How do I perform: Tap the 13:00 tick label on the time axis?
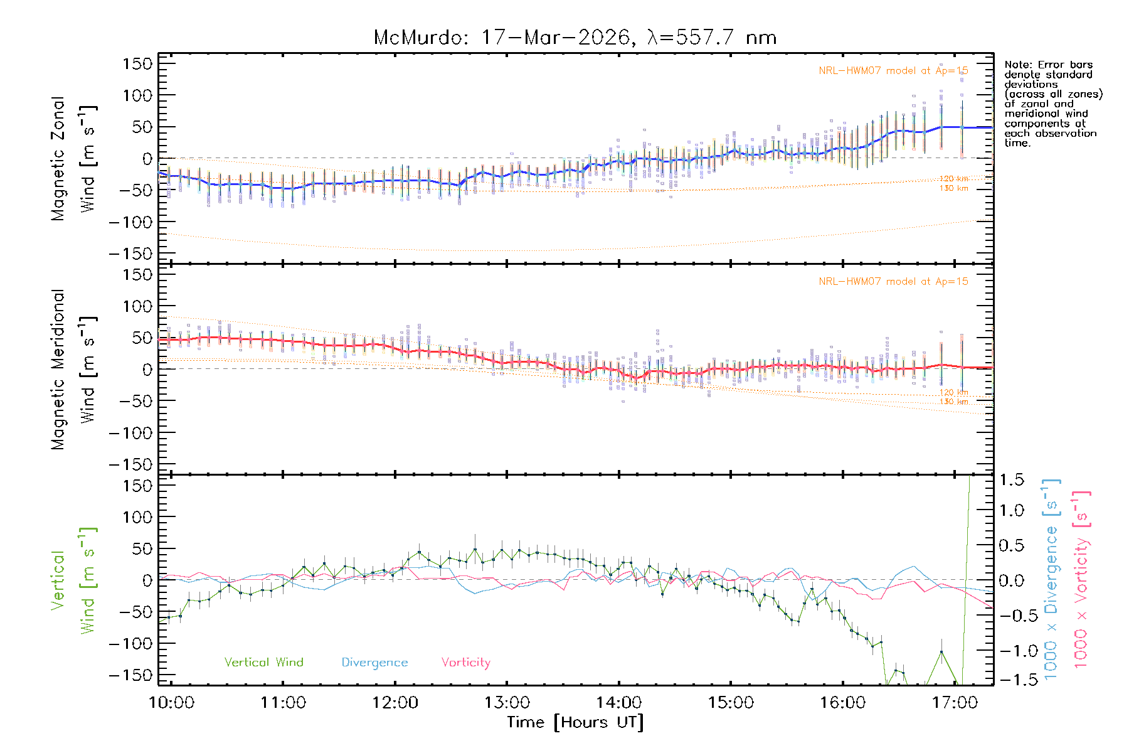pyautogui.click(x=507, y=703)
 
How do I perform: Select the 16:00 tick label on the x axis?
pyautogui.click(x=842, y=703)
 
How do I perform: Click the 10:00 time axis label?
pyautogui.click(x=171, y=703)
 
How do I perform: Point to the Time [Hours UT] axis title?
pyautogui.click(x=575, y=722)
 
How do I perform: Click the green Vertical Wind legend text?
pyautogui.click(x=263, y=663)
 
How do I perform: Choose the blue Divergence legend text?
pyautogui.click(x=374, y=663)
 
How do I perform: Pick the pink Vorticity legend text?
pyautogui.click(x=465, y=663)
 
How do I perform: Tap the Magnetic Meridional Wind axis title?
pyautogui.click(x=73, y=370)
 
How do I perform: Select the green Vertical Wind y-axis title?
pyautogui.click(x=73, y=580)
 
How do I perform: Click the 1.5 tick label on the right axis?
pyautogui.click(x=1011, y=480)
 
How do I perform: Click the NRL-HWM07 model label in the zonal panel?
pyautogui.click(x=893, y=71)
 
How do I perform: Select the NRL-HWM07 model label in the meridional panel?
pyautogui.click(x=893, y=282)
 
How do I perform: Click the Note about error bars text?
pyautogui.click(x=1052, y=104)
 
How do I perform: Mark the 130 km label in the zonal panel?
pyautogui.click(x=953, y=188)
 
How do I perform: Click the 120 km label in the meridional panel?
pyautogui.click(x=953, y=392)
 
